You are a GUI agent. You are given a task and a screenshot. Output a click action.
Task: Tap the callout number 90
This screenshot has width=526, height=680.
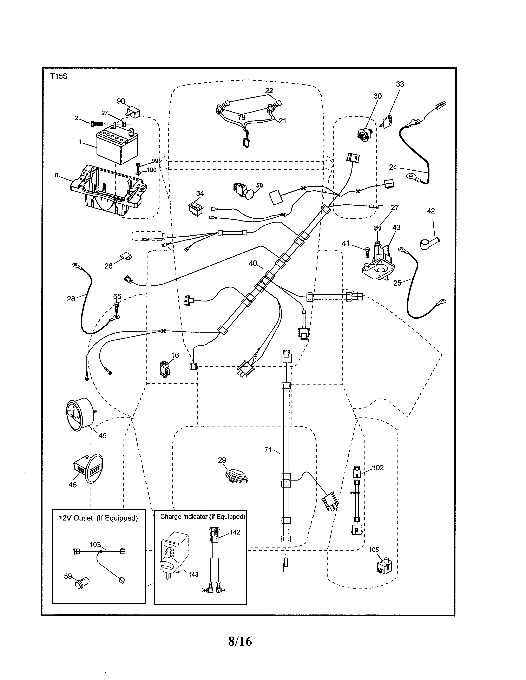[x=121, y=101]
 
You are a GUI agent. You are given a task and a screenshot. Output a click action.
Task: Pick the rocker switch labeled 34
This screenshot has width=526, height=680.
[x=195, y=207]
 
